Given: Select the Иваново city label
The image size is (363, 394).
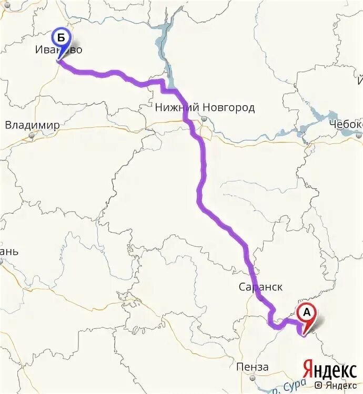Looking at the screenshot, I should (59, 50).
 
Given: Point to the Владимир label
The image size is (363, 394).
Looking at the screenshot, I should (32, 125).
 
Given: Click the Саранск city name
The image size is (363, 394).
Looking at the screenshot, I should (260, 287).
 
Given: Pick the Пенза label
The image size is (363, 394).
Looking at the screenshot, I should (253, 367).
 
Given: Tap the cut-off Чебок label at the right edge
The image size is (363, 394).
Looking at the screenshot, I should (346, 124).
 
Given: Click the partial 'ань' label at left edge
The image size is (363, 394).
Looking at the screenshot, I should (9, 252).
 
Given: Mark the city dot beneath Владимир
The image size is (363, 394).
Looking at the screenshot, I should (32, 136).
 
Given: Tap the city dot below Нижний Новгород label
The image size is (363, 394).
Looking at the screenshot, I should (204, 119).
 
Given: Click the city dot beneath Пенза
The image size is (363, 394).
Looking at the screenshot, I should (253, 377).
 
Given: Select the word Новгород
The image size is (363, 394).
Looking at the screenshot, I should (228, 108).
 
